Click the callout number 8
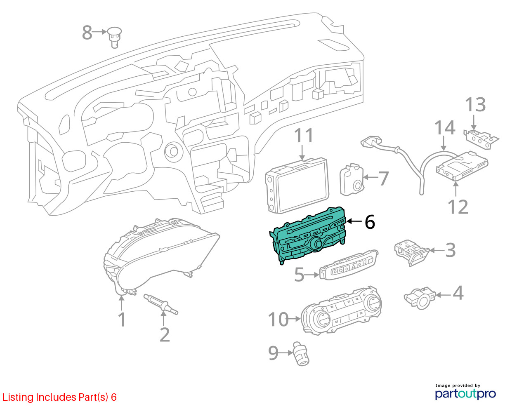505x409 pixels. pos(87,33)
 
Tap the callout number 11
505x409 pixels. pos(304,135)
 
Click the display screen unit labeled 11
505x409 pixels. pos(297,185)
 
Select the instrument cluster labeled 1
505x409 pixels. pos(161,256)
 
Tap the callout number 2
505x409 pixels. pos(165,335)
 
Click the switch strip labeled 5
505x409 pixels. pos(349,265)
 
